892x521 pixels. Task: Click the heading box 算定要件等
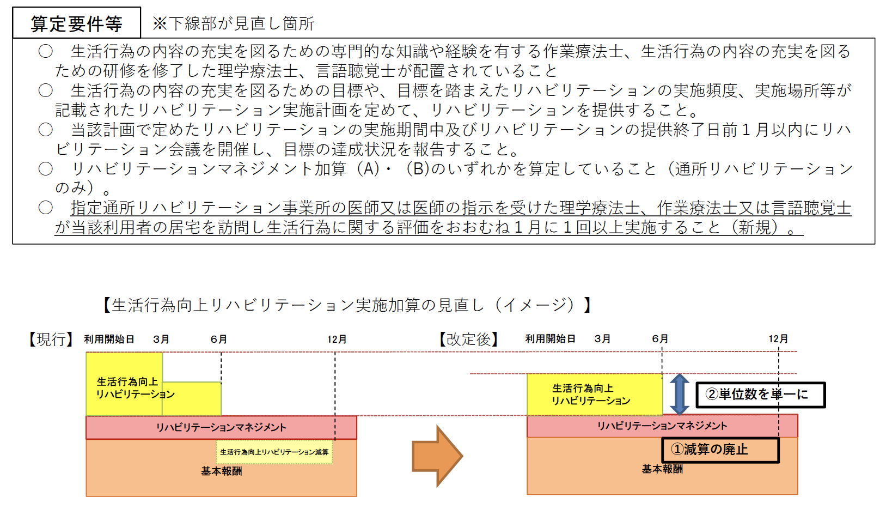76,23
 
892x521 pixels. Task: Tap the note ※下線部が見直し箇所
233,23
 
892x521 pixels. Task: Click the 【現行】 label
51,340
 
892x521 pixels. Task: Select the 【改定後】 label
468,340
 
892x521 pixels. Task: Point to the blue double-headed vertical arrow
679,395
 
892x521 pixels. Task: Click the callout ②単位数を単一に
760,395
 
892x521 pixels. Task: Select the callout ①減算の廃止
720,450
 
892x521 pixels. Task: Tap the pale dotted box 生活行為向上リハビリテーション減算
274,452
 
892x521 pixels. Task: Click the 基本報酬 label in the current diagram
221,471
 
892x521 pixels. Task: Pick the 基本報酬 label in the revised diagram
662,469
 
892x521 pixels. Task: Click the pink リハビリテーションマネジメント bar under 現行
221,428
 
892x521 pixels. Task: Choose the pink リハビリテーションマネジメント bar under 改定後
662,426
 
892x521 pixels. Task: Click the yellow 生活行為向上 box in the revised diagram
594,395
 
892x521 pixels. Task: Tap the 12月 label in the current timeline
337,340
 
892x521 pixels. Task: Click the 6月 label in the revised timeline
660,339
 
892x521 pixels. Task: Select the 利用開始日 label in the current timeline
109,340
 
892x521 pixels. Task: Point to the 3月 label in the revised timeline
602,339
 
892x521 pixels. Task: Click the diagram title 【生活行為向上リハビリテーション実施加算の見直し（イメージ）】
347,305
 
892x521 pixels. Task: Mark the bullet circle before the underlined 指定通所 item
46,208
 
